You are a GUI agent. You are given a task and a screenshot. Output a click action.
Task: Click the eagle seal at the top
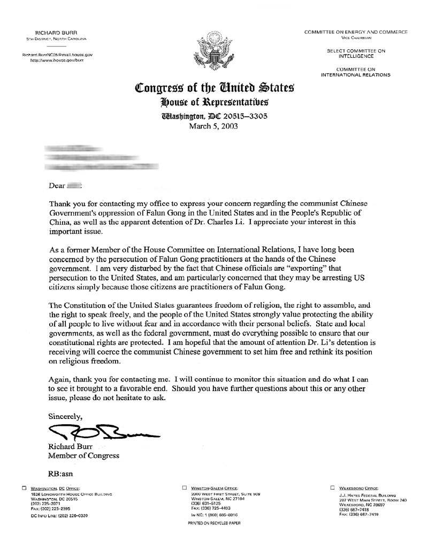click(213, 54)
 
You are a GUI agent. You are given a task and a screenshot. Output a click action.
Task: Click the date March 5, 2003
click(213, 127)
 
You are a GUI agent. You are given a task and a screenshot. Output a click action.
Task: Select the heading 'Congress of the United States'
click(214, 87)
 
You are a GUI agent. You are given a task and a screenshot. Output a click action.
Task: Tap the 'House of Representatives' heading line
click(214, 102)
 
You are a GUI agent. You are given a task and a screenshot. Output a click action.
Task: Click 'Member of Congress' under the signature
click(83, 456)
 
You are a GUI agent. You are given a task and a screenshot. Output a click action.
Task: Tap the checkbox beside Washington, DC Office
click(24, 488)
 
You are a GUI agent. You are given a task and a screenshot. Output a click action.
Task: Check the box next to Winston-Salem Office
click(184, 488)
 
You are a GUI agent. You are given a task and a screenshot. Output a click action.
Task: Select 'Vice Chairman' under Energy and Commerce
click(355, 38)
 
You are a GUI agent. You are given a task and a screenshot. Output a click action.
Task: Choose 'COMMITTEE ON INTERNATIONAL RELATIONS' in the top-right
click(355, 72)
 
